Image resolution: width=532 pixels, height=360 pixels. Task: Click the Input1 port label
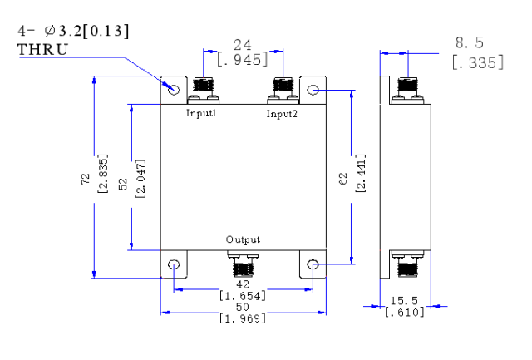pos(201,113)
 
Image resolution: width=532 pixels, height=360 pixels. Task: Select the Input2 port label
pos(282,114)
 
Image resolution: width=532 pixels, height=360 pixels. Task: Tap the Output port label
pos(243,239)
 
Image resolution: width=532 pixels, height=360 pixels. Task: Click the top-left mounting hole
pos(174,90)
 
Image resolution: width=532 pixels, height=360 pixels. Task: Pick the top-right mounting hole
pos(313,90)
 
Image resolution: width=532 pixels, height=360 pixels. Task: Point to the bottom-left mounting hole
pos(174,264)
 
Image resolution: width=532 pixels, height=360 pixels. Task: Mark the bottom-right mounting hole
pos(313,264)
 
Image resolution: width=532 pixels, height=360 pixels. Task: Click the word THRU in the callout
pos(42,50)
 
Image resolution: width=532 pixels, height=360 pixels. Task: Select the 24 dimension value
pos(243,45)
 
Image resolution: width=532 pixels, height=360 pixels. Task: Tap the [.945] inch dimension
pos(242,60)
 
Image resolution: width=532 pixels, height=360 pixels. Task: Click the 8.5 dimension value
pos(470,42)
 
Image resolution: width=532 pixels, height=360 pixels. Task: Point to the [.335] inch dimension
pos(478,62)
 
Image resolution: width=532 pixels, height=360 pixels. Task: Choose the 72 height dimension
pos(86,179)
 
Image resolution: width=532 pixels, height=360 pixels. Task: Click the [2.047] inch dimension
pos(140,179)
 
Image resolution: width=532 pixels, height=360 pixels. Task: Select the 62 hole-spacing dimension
pos(343,179)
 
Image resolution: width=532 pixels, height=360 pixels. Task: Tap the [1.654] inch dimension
pos(242,296)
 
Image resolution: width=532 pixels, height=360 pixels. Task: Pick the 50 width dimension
pos(243,307)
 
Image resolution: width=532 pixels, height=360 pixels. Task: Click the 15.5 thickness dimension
pos(404,301)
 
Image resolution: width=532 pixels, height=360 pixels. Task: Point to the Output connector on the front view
pos(243,264)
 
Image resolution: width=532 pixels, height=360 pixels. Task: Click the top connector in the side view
pos(407,91)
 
